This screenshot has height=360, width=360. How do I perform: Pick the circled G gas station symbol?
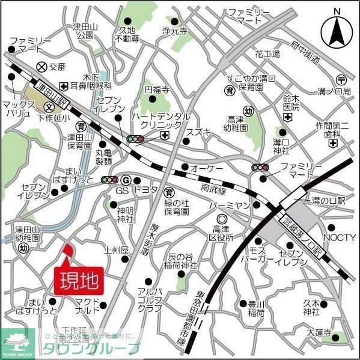pos(126,180)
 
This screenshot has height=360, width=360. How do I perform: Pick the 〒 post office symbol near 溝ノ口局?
pos(341,79)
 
